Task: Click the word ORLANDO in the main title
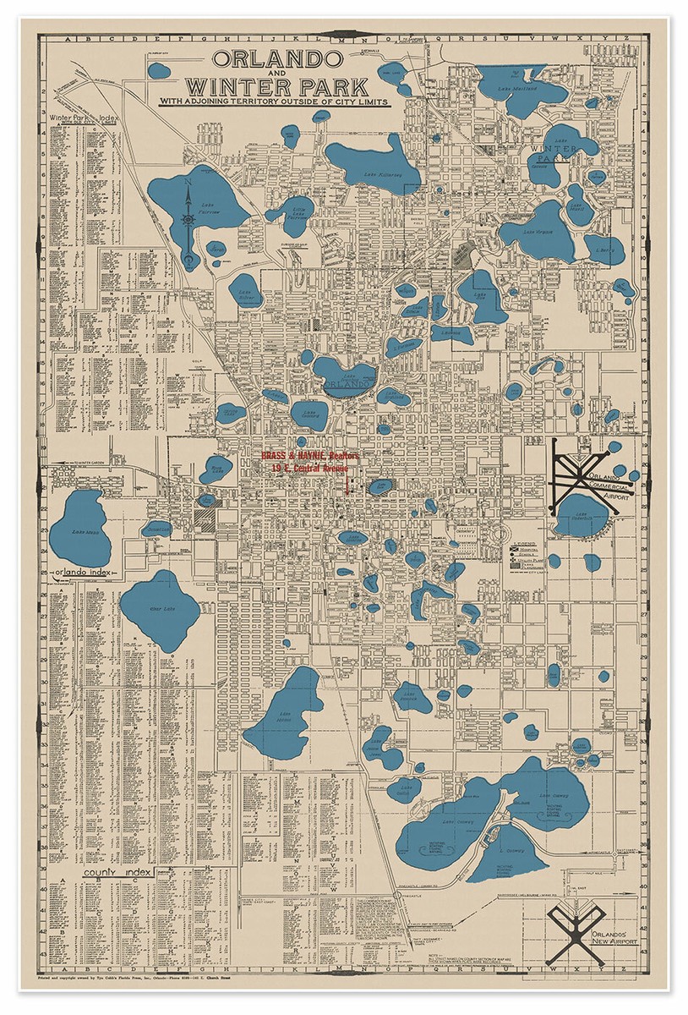point(277,59)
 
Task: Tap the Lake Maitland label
point(516,89)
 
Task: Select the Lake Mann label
point(79,531)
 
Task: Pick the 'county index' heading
point(117,872)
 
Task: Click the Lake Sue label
point(603,251)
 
